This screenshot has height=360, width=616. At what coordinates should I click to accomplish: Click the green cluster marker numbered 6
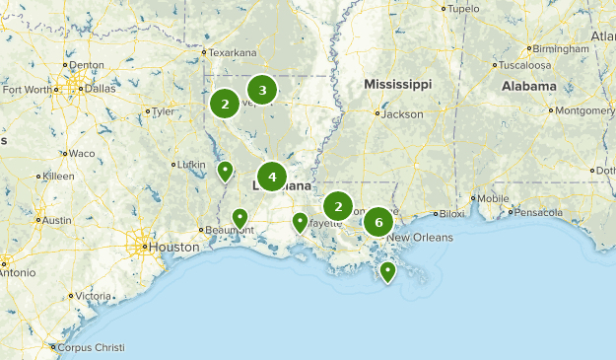click(378, 223)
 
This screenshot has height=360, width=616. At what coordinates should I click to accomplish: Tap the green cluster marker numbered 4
click(272, 178)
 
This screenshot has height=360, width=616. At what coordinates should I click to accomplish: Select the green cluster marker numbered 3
click(262, 91)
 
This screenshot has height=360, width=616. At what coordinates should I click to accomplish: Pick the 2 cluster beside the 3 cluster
click(226, 104)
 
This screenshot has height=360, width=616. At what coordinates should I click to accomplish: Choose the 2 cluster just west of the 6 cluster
click(338, 206)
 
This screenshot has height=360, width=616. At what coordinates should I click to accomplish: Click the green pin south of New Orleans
click(388, 270)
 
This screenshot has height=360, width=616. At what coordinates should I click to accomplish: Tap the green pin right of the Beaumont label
click(240, 218)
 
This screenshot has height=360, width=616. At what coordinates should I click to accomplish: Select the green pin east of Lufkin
click(226, 172)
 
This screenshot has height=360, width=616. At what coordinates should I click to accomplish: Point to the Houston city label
click(163, 247)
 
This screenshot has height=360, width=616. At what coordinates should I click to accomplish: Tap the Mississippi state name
click(397, 85)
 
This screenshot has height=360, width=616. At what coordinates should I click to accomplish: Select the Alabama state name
click(528, 86)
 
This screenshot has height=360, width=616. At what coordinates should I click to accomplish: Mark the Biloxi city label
click(451, 213)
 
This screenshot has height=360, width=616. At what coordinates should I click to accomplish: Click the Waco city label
click(81, 153)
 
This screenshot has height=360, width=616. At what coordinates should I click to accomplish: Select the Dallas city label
click(99, 87)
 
